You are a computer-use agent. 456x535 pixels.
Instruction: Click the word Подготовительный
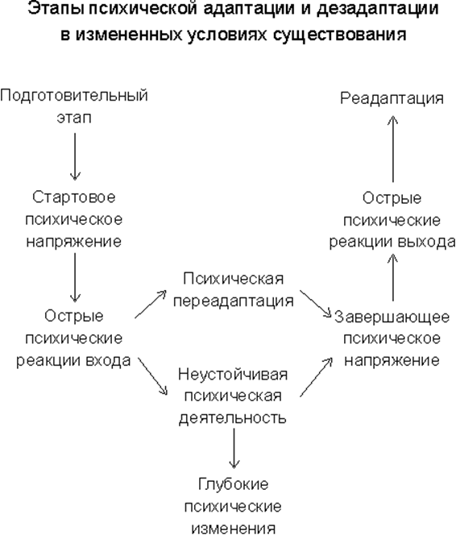[x=74, y=96]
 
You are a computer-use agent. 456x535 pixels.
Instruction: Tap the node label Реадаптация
[x=392, y=99]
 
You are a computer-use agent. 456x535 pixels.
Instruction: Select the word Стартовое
[x=74, y=197]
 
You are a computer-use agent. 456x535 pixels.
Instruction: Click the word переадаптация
[x=234, y=301]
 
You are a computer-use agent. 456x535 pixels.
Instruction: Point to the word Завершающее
[x=392, y=317]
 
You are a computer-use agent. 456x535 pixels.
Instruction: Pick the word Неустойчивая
[x=233, y=375]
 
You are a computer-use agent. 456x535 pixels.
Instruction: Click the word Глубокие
[x=234, y=484]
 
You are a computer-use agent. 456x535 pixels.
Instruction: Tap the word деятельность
[x=233, y=418]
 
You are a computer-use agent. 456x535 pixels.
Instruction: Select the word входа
[x=109, y=360]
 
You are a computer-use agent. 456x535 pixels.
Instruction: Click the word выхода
[x=424, y=242]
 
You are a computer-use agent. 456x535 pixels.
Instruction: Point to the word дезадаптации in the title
[x=377, y=9]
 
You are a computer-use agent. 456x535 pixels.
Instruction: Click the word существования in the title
[x=340, y=34]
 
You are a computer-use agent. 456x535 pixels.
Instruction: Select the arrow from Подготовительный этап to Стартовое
[x=75, y=156]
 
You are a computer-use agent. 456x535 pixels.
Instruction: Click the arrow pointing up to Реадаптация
[x=393, y=149]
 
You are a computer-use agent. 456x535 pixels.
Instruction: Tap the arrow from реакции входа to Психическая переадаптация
[x=151, y=305]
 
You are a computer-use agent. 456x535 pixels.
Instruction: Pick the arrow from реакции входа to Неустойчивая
[x=152, y=376]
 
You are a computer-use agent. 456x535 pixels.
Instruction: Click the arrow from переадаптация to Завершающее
[x=316, y=304]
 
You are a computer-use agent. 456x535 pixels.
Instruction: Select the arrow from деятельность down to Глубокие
[x=234, y=448]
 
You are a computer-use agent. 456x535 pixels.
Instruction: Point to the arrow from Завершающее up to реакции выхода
[x=393, y=277]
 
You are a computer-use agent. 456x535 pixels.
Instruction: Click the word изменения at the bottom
[x=234, y=529]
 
